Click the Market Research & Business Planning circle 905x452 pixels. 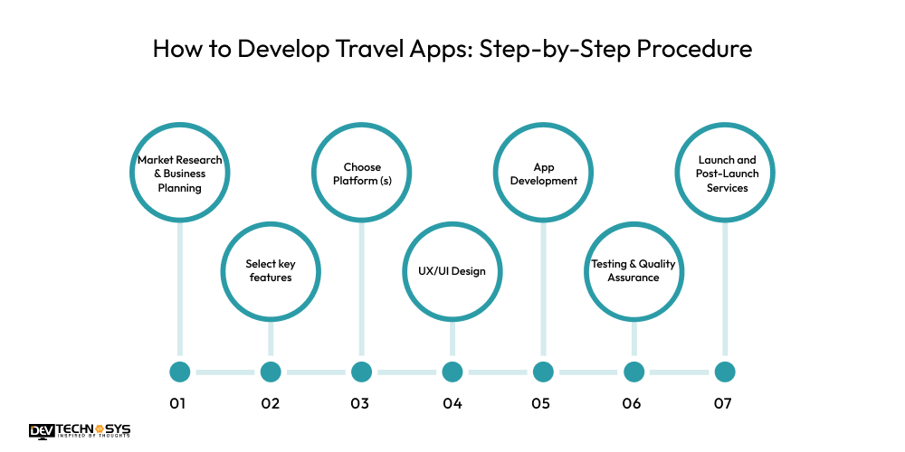tap(180, 174)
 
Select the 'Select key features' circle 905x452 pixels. tap(271, 270)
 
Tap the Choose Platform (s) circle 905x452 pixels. tap(362, 174)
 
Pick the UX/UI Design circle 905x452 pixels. tap(452, 270)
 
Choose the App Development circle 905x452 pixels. tap(543, 174)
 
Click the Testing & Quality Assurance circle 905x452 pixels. tap(633, 270)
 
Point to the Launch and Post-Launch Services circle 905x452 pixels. tap(723, 174)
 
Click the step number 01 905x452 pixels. tap(178, 403)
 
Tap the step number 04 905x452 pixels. tap(452, 403)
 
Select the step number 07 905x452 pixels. tap(722, 403)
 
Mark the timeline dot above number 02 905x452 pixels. tap(271, 372)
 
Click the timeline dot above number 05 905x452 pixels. tap(543, 372)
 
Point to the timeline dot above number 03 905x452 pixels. tap(362, 372)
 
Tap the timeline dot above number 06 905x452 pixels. tap(633, 372)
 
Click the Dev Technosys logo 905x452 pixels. tap(80, 431)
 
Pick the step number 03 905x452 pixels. tap(359, 403)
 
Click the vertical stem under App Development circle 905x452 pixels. tap(543, 289)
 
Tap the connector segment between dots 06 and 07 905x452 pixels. tap(679, 372)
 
